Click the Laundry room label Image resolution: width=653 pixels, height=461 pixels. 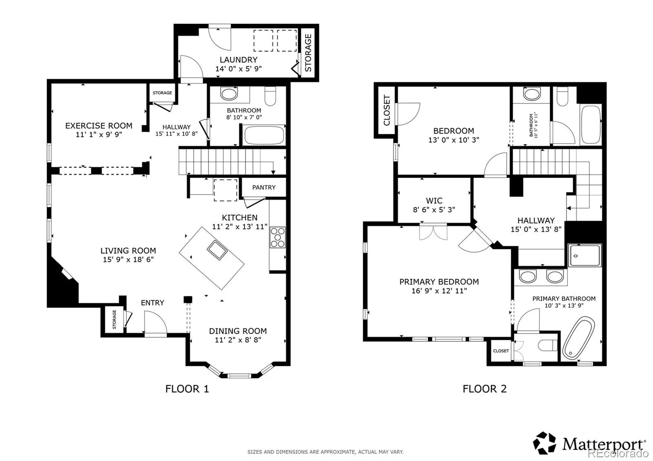click(238, 60)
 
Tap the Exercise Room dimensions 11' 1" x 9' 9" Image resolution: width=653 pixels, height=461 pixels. click(99, 135)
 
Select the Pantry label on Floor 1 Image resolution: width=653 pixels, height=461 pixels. click(264, 187)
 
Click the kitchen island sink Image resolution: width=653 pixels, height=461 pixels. click(217, 250)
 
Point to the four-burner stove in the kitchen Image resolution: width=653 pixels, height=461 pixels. click(278, 237)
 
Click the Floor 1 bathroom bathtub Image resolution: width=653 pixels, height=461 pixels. click(264, 135)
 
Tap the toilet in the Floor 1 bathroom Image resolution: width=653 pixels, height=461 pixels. click(270, 96)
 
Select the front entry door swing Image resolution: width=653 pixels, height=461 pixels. click(155, 322)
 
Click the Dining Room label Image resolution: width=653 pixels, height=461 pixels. click(238, 331)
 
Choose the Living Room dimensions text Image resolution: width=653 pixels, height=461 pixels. click(128, 259)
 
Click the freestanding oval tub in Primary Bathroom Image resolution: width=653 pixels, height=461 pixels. click(579, 339)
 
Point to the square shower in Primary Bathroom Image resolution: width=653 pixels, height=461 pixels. click(585, 255)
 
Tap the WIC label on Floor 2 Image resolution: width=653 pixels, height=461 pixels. click(434, 200)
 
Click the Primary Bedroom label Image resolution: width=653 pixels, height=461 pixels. click(439, 282)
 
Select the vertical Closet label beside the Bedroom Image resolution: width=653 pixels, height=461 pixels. click(386, 110)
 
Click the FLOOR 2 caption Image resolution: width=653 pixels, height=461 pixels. click(484, 389)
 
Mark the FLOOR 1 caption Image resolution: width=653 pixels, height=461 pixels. click(187, 389)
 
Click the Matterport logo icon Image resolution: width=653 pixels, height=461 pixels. click(544, 443)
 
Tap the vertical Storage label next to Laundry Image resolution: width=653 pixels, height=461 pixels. click(308, 53)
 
